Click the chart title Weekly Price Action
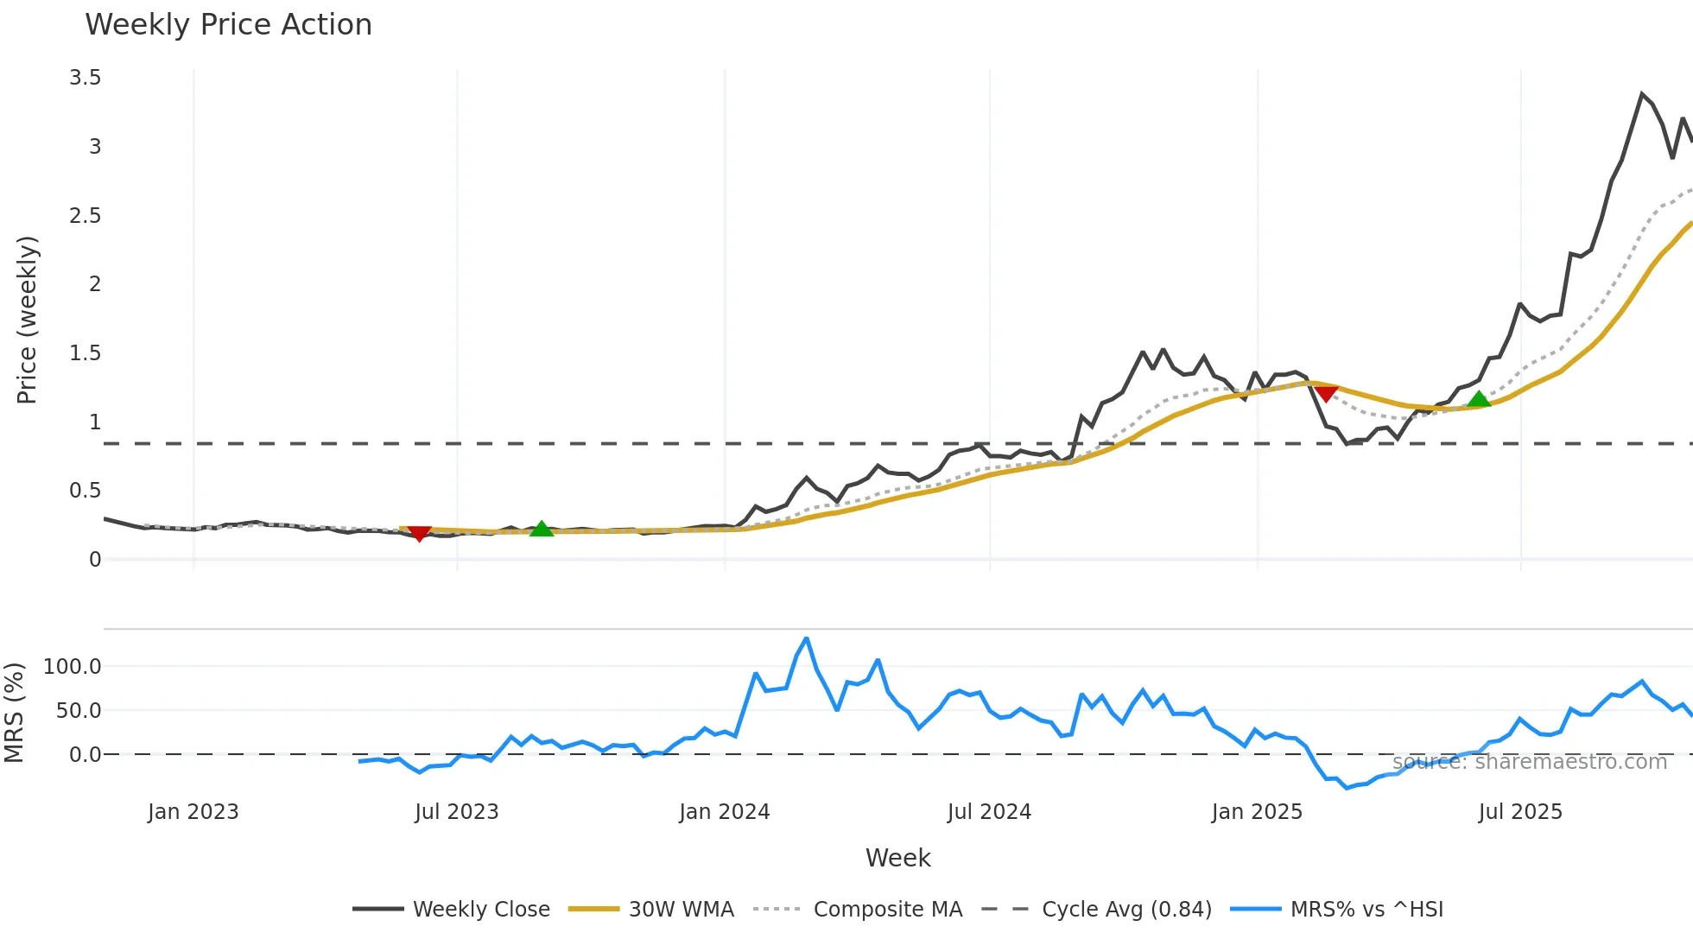(x=228, y=25)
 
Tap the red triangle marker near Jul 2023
(x=419, y=534)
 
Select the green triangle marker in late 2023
(x=541, y=529)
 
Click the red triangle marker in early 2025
(x=1326, y=394)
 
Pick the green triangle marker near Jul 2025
(x=1479, y=399)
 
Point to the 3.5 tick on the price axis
(x=86, y=78)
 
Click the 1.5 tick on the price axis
(x=86, y=353)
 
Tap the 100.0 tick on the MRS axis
(x=73, y=666)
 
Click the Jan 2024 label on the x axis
(x=724, y=812)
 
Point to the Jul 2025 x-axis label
(x=1520, y=812)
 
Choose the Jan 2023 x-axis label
(x=193, y=812)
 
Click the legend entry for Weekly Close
(x=480, y=910)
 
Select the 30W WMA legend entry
(x=681, y=910)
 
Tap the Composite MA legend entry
(x=887, y=910)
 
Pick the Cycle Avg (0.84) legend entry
(x=1126, y=910)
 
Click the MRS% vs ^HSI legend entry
(x=1366, y=910)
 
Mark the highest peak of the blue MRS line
(x=806, y=638)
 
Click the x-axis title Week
(x=897, y=858)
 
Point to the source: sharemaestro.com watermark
(x=1529, y=762)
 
